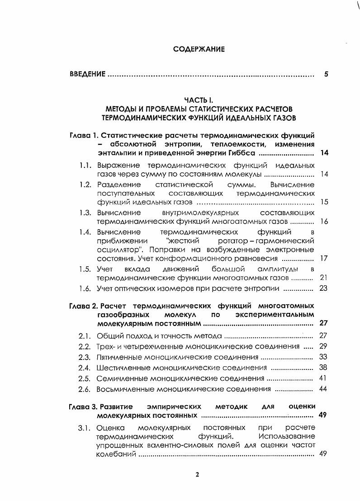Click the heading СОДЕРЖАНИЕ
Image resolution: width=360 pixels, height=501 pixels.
[199, 49]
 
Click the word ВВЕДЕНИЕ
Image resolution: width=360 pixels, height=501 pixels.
[88, 74]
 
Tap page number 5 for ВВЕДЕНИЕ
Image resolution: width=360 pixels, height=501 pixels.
[326, 74]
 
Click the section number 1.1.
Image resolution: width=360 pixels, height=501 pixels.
[86, 165]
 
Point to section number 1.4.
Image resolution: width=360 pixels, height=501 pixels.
[86, 232]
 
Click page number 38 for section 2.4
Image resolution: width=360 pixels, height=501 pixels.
[323, 368]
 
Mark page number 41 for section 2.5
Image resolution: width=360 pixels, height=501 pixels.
[323, 378]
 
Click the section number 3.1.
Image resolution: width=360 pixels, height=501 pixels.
[86, 427]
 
